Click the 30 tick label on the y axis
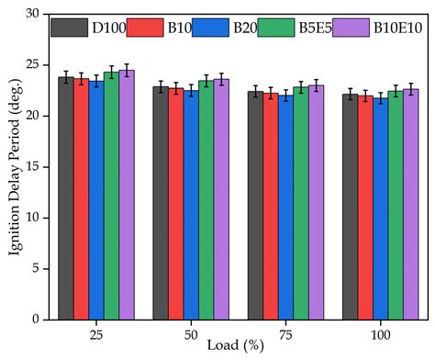pyautogui.click(x=34, y=14)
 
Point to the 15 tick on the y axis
pyautogui.click(x=34, y=166)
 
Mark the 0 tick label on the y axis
pyautogui.click(x=38, y=320)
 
